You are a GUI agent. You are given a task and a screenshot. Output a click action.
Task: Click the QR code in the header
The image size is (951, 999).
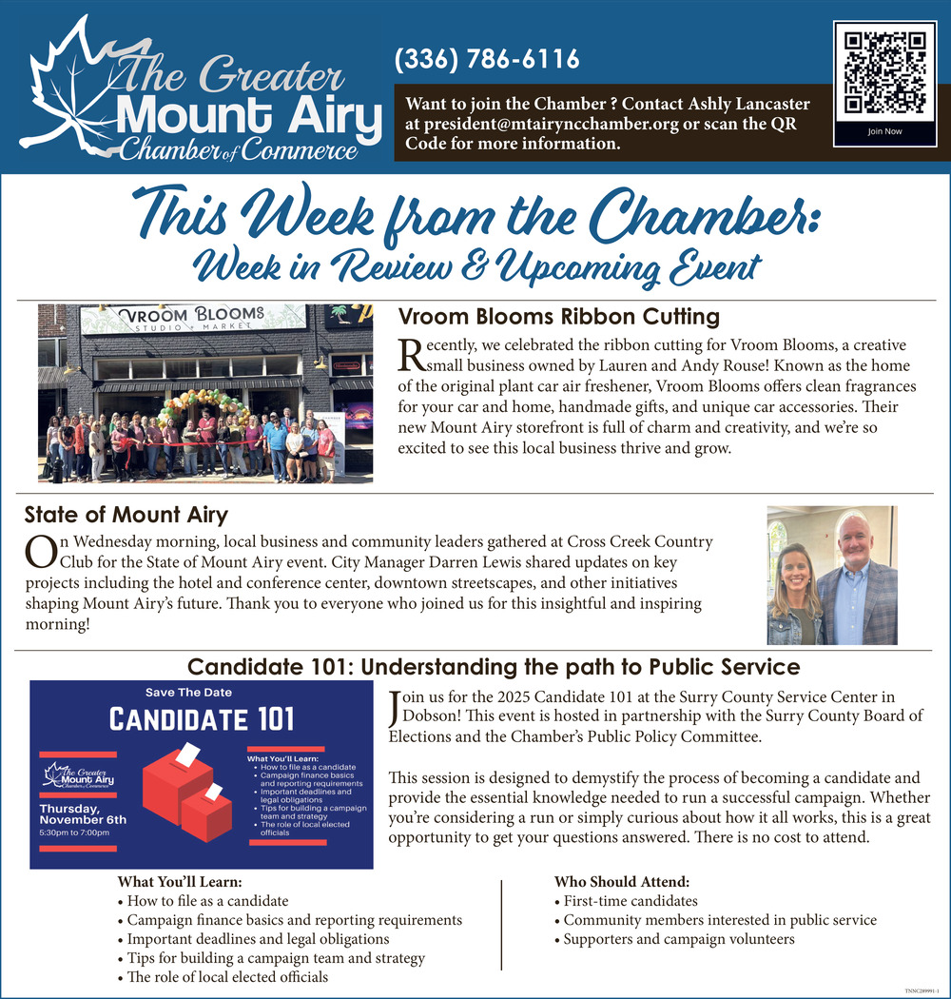(x=884, y=71)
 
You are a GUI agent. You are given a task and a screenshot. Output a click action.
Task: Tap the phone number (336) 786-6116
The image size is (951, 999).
(x=486, y=60)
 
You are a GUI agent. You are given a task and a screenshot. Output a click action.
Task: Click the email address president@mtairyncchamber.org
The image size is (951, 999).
(x=551, y=125)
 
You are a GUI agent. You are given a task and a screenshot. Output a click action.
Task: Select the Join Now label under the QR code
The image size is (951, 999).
(x=884, y=131)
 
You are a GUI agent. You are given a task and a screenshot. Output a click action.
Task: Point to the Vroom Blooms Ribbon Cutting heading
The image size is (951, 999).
(x=558, y=317)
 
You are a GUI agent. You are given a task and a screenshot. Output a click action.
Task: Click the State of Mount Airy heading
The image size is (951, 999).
(x=126, y=516)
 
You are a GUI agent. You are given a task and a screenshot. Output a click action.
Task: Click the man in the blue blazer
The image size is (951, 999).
(x=857, y=580)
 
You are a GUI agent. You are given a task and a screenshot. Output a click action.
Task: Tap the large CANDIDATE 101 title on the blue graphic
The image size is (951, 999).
(x=202, y=719)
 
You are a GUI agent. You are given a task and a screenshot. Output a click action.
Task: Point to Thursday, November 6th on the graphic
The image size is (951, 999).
(x=82, y=813)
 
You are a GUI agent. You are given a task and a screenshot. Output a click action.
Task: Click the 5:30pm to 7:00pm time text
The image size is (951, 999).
(x=74, y=833)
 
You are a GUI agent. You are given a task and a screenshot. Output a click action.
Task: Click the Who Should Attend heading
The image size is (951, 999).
(x=621, y=882)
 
